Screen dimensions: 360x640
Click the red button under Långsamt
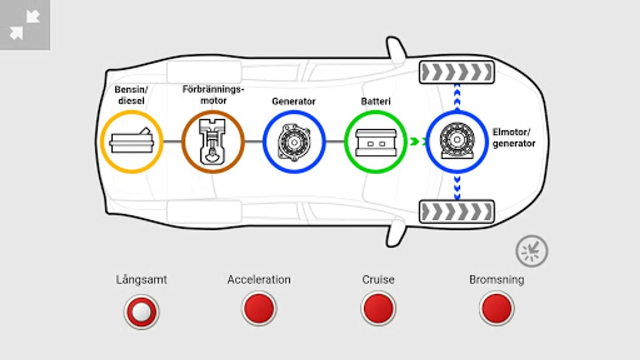[x=141, y=312]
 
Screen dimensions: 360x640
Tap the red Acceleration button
[x=259, y=308]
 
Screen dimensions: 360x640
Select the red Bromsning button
[x=497, y=308]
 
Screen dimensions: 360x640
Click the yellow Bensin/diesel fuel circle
[x=132, y=142]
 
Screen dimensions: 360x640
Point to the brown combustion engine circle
[x=213, y=142]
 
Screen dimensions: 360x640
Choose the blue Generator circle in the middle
[x=294, y=142]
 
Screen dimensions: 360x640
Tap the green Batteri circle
[x=376, y=142]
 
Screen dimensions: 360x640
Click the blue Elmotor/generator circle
[x=457, y=142]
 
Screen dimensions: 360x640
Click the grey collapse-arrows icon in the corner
[x=25, y=25]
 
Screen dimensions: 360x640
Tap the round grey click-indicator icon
[x=532, y=251]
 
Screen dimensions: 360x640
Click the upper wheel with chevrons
[x=457, y=72]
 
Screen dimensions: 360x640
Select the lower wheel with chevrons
[x=457, y=212]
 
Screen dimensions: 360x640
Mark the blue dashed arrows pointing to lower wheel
[x=457, y=187]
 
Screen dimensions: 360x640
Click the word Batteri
[x=376, y=101]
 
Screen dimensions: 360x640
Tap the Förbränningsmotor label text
[x=213, y=95]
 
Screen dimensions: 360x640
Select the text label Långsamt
[x=141, y=280]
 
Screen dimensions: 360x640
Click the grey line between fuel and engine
[x=172, y=142]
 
